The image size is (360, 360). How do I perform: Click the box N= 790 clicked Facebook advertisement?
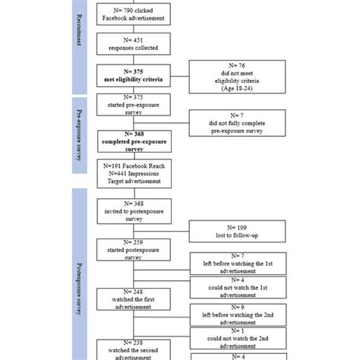point(134,14)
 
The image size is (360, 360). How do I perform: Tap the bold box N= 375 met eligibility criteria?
point(134,76)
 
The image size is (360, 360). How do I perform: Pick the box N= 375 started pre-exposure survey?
point(134,104)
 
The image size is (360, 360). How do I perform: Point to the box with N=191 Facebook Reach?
point(134,173)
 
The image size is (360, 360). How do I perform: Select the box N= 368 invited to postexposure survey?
point(134,209)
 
